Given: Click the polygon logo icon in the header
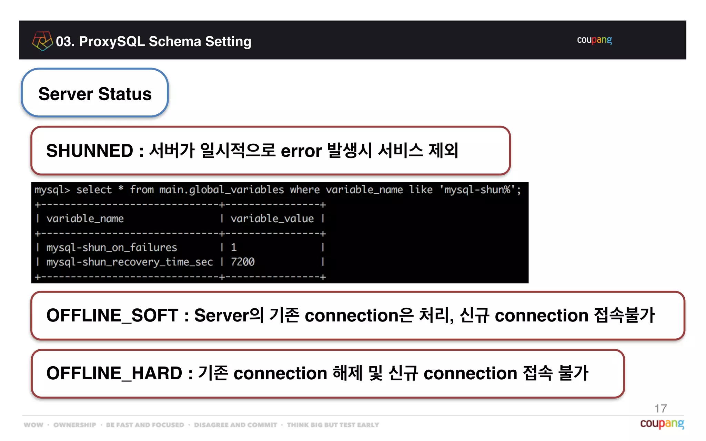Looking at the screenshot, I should pos(42,41).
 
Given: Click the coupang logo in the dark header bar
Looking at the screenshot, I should pos(594,40).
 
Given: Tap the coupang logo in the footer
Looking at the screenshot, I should pos(662,423).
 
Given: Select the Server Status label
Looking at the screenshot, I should pos(95,94).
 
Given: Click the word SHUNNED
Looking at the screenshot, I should pos(90,151).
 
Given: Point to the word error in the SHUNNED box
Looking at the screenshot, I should pos(301,151).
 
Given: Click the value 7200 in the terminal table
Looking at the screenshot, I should pos(243,262).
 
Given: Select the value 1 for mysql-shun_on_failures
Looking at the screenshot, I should pos(234,247).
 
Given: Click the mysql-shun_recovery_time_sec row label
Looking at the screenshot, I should pos(129,262).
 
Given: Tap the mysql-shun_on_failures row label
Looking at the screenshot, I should pos(111,247).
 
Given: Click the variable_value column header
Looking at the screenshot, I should pos(272,218).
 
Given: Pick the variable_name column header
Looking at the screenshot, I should pos(85,218).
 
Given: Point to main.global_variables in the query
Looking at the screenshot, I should pos(221,190).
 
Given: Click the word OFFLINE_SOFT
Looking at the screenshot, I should pos(112,316).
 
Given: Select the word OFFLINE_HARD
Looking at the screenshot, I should pos(114,373).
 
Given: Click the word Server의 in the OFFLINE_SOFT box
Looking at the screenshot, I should pos(229,316).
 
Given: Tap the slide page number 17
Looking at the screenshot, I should pos(660,409).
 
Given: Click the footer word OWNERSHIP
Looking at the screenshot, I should pos(75,425).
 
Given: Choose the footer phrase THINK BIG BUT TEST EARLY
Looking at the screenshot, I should pos(333,425).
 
